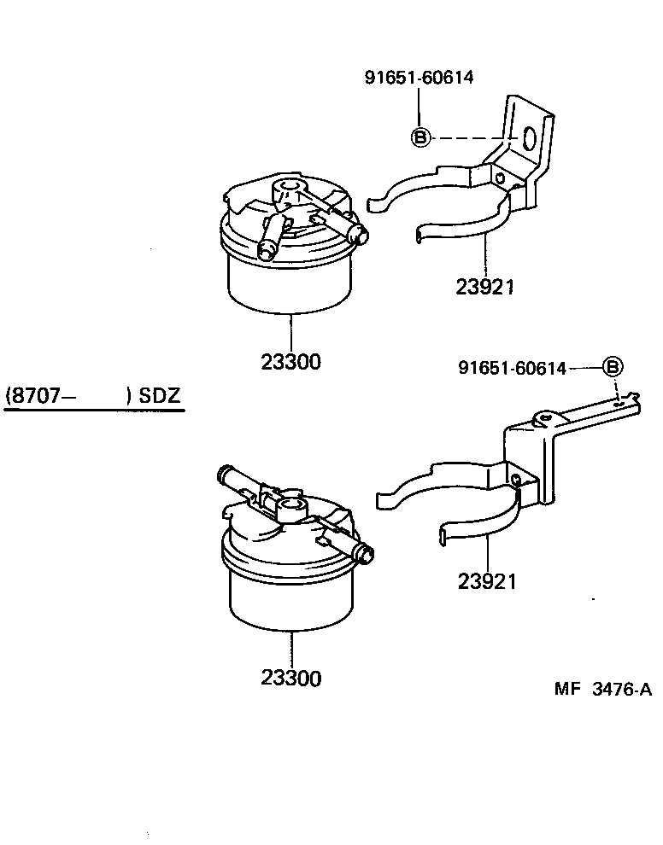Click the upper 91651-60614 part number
(x=420, y=78)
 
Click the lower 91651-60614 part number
(x=513, y=368)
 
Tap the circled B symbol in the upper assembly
(x=420, y=137)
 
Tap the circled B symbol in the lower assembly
(x=613, y=367)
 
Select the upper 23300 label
(x=290, y=362)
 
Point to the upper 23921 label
(x=484, y=287)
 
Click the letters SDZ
(x=161, y=397)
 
